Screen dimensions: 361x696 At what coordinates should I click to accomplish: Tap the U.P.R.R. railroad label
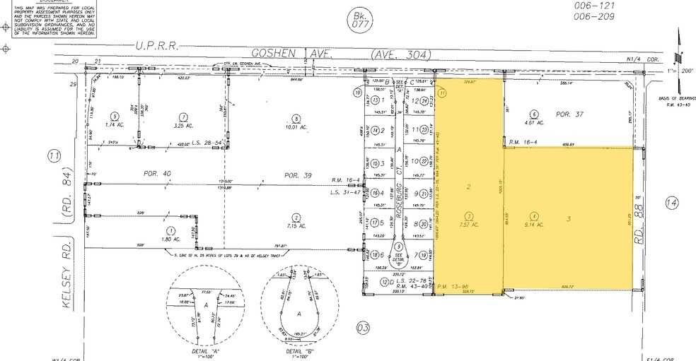(x=156, y=46)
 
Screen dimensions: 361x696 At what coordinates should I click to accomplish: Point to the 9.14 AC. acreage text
(x=535, y=225)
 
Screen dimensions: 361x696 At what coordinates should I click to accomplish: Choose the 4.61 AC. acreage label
(x=535, y=122)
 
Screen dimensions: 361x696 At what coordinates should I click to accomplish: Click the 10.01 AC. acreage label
(x=296, y=127)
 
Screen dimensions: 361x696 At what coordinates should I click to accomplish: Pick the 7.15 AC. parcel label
(x=296, y=226)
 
